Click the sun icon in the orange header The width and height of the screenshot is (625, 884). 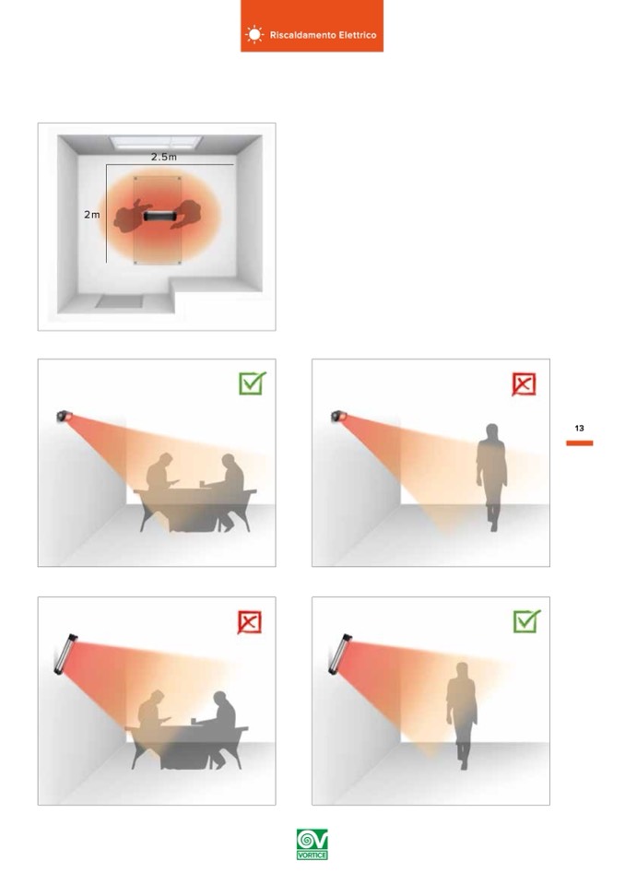254,35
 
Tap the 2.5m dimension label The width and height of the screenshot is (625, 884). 163,157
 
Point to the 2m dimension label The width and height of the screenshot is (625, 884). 92,214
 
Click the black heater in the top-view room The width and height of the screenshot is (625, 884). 160,216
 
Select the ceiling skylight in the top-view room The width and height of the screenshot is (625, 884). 156,142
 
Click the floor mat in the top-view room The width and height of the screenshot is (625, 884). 119,301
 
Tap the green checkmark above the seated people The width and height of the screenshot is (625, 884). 252,383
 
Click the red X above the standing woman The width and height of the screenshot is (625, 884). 524,384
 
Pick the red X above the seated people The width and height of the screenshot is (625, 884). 249,622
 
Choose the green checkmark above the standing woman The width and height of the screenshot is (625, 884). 526,621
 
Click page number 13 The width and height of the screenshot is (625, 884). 579,429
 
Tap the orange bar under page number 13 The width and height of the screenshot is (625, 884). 579,443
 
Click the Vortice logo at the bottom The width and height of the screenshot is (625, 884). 312,844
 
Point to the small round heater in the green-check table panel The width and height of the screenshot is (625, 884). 64,416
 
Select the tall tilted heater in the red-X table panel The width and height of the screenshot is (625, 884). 66,654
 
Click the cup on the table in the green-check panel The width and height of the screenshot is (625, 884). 202,483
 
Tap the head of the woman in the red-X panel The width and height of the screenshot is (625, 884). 492,431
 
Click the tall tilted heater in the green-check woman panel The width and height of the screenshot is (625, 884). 340,654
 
